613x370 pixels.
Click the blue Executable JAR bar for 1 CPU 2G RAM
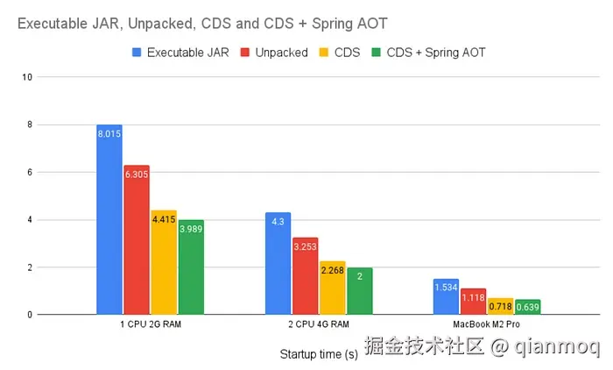pos(109,219)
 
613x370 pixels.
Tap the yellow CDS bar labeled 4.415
pos(164,262)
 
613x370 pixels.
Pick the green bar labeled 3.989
pos(190,267)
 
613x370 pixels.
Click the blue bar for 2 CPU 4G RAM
pos(278,263)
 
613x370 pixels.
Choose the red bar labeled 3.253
pos(306,275)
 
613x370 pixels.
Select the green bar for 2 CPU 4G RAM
pos(359,291)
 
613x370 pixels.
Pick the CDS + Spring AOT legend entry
pos(428,53)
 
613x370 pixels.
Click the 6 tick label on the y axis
pos(30,172)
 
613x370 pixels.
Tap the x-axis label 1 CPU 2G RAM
pos(150,325)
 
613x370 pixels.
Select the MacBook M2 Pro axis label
pos(487,325)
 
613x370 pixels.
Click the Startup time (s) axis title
pos(319,354)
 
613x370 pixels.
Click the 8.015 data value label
pos(109,132)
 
